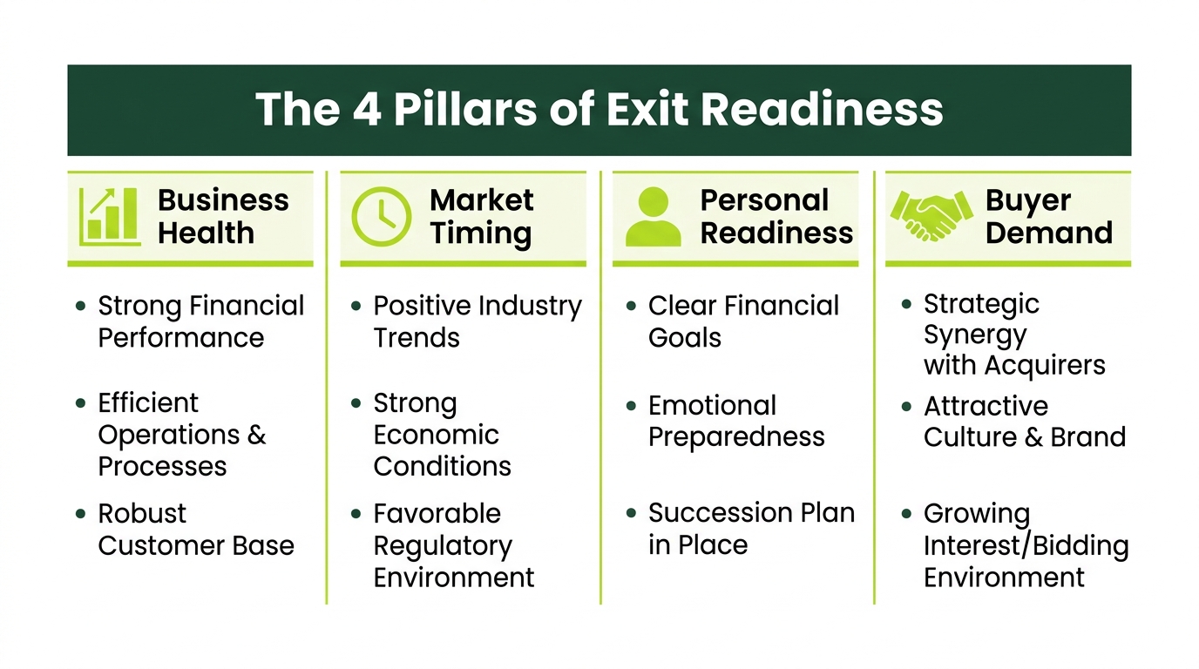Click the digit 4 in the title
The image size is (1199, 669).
367,110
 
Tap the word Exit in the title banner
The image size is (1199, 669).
647,109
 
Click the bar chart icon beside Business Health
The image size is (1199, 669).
111,217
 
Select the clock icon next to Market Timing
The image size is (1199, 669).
381,216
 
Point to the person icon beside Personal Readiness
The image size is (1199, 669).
654,216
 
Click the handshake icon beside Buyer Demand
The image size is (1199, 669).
931,216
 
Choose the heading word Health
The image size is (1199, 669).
206,233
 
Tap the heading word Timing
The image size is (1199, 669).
481,234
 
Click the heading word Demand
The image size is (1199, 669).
1049,233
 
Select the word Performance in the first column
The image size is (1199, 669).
181,338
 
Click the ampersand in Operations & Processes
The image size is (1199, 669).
257,434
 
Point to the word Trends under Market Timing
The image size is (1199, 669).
417,338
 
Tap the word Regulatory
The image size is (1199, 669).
443,547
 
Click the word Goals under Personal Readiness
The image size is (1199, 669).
685,338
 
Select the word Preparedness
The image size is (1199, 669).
736,437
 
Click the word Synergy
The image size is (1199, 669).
975,336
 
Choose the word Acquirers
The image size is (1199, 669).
1044,366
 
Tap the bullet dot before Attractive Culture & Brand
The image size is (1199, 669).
906,407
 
